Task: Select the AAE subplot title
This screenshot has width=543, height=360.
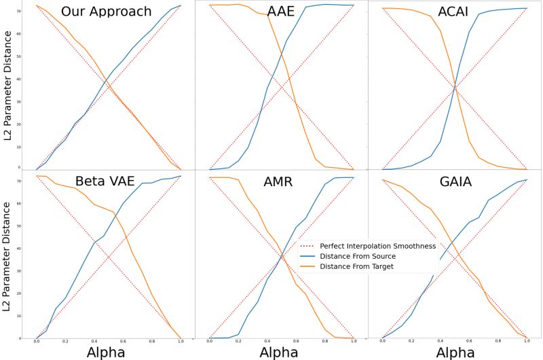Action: tap(281, 12)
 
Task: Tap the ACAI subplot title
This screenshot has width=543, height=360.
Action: tap(454, 12)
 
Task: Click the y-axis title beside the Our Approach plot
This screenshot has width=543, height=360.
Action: tap(9, 85)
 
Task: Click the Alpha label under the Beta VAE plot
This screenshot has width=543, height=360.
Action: tap(109, 351)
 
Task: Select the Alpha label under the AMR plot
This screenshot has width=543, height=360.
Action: tap(281, 351)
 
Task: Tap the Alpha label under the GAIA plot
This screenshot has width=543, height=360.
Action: tap(455, 351)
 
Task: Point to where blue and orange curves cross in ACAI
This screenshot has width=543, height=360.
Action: tap(455, 88)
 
